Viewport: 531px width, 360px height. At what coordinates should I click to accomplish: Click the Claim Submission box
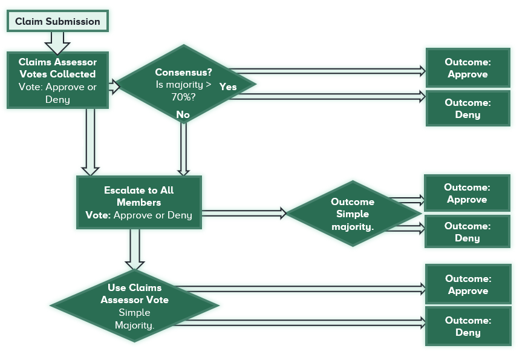(x=57, y=21)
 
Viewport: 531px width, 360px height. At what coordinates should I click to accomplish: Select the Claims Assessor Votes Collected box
(x=57, y=80)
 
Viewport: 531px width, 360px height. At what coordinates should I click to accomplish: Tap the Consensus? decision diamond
(x=184, y=83)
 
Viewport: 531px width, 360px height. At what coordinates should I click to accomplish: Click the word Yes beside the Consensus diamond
(x=228, y=87)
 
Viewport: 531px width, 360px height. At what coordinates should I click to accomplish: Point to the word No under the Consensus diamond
(x=183, y=114)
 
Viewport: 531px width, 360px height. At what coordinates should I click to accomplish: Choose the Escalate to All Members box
(x=138, y=202)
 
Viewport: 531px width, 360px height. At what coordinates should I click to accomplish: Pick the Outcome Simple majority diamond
(x=353, y=214)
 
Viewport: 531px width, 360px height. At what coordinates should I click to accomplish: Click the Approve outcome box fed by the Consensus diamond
(x=467, y=68)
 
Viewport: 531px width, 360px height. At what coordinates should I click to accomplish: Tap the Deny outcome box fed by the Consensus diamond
(x=467, y=109)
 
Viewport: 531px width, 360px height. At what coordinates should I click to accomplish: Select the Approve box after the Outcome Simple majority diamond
(x=467, y=194)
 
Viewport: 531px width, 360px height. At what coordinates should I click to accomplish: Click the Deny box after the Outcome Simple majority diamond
(x=467, y=232)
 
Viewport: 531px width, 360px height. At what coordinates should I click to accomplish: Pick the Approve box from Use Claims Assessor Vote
(x=468, y=285)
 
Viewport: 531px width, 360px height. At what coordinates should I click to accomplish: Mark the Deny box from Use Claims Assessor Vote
(x=468, y=326)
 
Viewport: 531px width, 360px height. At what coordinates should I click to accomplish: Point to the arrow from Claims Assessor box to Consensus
(x=113, y=87)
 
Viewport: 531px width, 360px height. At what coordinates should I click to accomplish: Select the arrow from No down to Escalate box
(x=183, y=148)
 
